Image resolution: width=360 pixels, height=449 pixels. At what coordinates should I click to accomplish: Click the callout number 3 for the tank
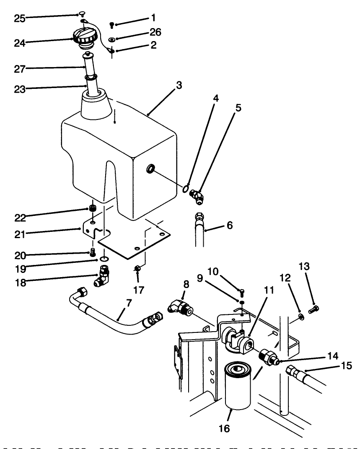click(179, 86)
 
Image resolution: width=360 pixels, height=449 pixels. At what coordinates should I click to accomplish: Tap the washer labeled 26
click(112, 39)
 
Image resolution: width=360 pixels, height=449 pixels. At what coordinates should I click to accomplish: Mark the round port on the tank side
click(150, 169)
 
